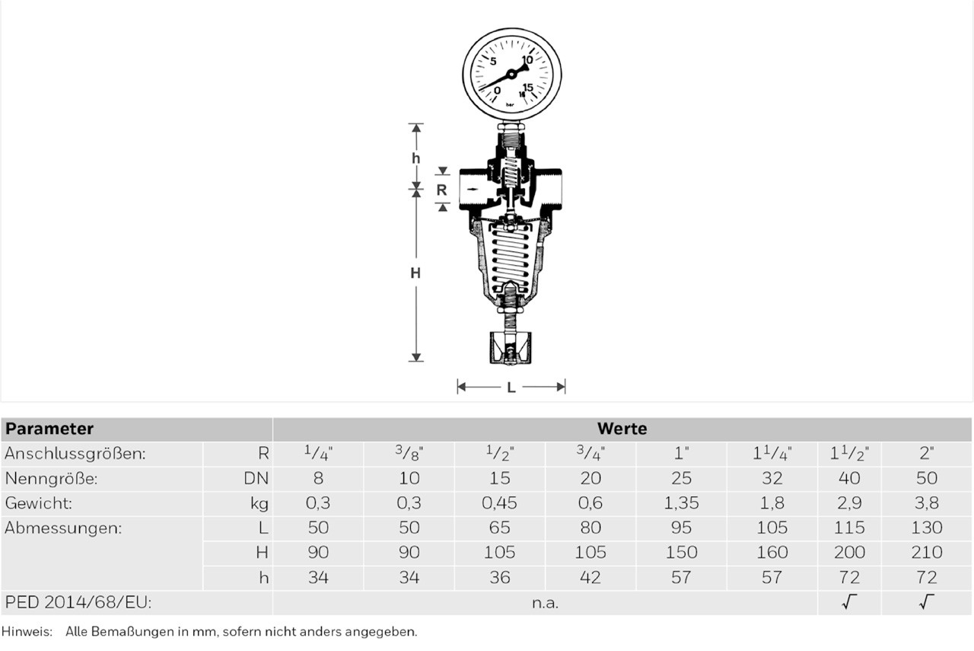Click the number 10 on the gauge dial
pyautogui.click(x=527, y=59)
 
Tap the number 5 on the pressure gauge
pyautogui.click(x=493, y=62)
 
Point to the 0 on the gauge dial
pyautogui.click(x=498, y=90)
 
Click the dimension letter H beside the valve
pyautogui.click(x=415, y=273)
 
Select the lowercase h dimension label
pyautogui.click(x=416, y=158)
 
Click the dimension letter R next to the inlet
pyautogui.click(x=441, y=190)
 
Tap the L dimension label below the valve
pyautogui.click(x=511, y=388)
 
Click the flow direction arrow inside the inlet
pyautogui.click(x=473, y=190)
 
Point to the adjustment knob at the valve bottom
pyautogui.click(x=510, y=347)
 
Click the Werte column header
pyautogui.click(x=622, y=429)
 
